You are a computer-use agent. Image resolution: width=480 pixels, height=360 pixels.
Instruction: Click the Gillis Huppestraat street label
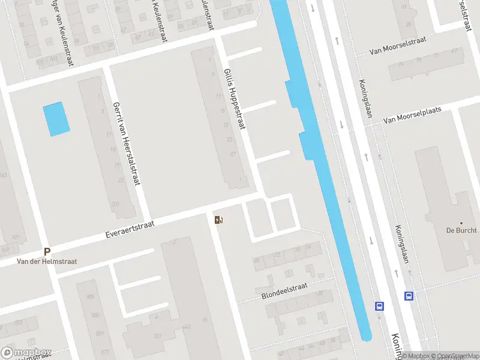[x=234, y=99]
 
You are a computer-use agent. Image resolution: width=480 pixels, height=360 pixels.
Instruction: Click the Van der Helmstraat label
[x=47, y=262]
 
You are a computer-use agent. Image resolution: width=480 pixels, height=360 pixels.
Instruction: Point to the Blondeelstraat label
[x=284, y=291]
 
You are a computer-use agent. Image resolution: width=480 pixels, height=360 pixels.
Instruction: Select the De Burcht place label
[x=461, y=230]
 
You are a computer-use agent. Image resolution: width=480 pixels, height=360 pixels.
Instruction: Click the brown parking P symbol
[x=47, y=252]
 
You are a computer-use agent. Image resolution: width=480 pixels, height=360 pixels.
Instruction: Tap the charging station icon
[x=218, y=220]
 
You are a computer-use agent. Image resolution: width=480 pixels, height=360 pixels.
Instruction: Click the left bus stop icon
[x=379, y=305]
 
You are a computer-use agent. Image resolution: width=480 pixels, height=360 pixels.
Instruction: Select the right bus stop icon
[x=409, y=296]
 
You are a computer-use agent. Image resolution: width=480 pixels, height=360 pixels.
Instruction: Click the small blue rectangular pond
[x=56, y=118]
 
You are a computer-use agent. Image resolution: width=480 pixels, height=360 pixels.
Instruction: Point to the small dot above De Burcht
[x=461, y=223]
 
